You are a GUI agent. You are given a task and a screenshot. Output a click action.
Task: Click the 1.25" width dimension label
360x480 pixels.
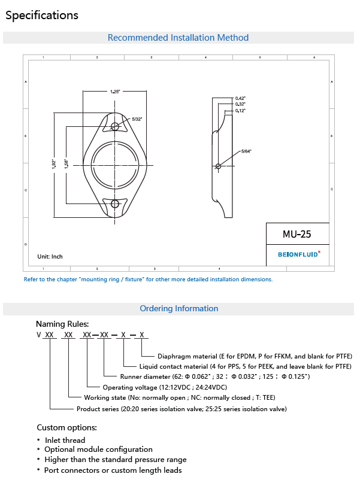click(115, 91)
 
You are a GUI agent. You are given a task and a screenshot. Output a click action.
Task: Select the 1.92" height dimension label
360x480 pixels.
click(54, 164)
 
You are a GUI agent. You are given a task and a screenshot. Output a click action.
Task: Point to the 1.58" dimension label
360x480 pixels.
click(66, 164)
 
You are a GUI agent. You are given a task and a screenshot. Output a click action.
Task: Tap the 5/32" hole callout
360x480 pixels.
click(137, 119)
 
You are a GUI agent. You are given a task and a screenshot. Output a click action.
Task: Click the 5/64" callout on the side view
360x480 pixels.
click(246, 151)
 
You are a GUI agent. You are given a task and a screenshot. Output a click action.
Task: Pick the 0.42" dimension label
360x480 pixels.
click(240, 98)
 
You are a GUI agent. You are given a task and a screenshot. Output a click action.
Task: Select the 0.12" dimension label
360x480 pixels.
click(240, 111)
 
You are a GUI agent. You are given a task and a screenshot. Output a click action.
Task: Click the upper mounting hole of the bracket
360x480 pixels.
click(115, 126)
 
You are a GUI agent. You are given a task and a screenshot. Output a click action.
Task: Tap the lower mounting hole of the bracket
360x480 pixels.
click(115, 204)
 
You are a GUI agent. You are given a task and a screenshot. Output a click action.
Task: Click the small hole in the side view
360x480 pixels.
click(218, 166)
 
